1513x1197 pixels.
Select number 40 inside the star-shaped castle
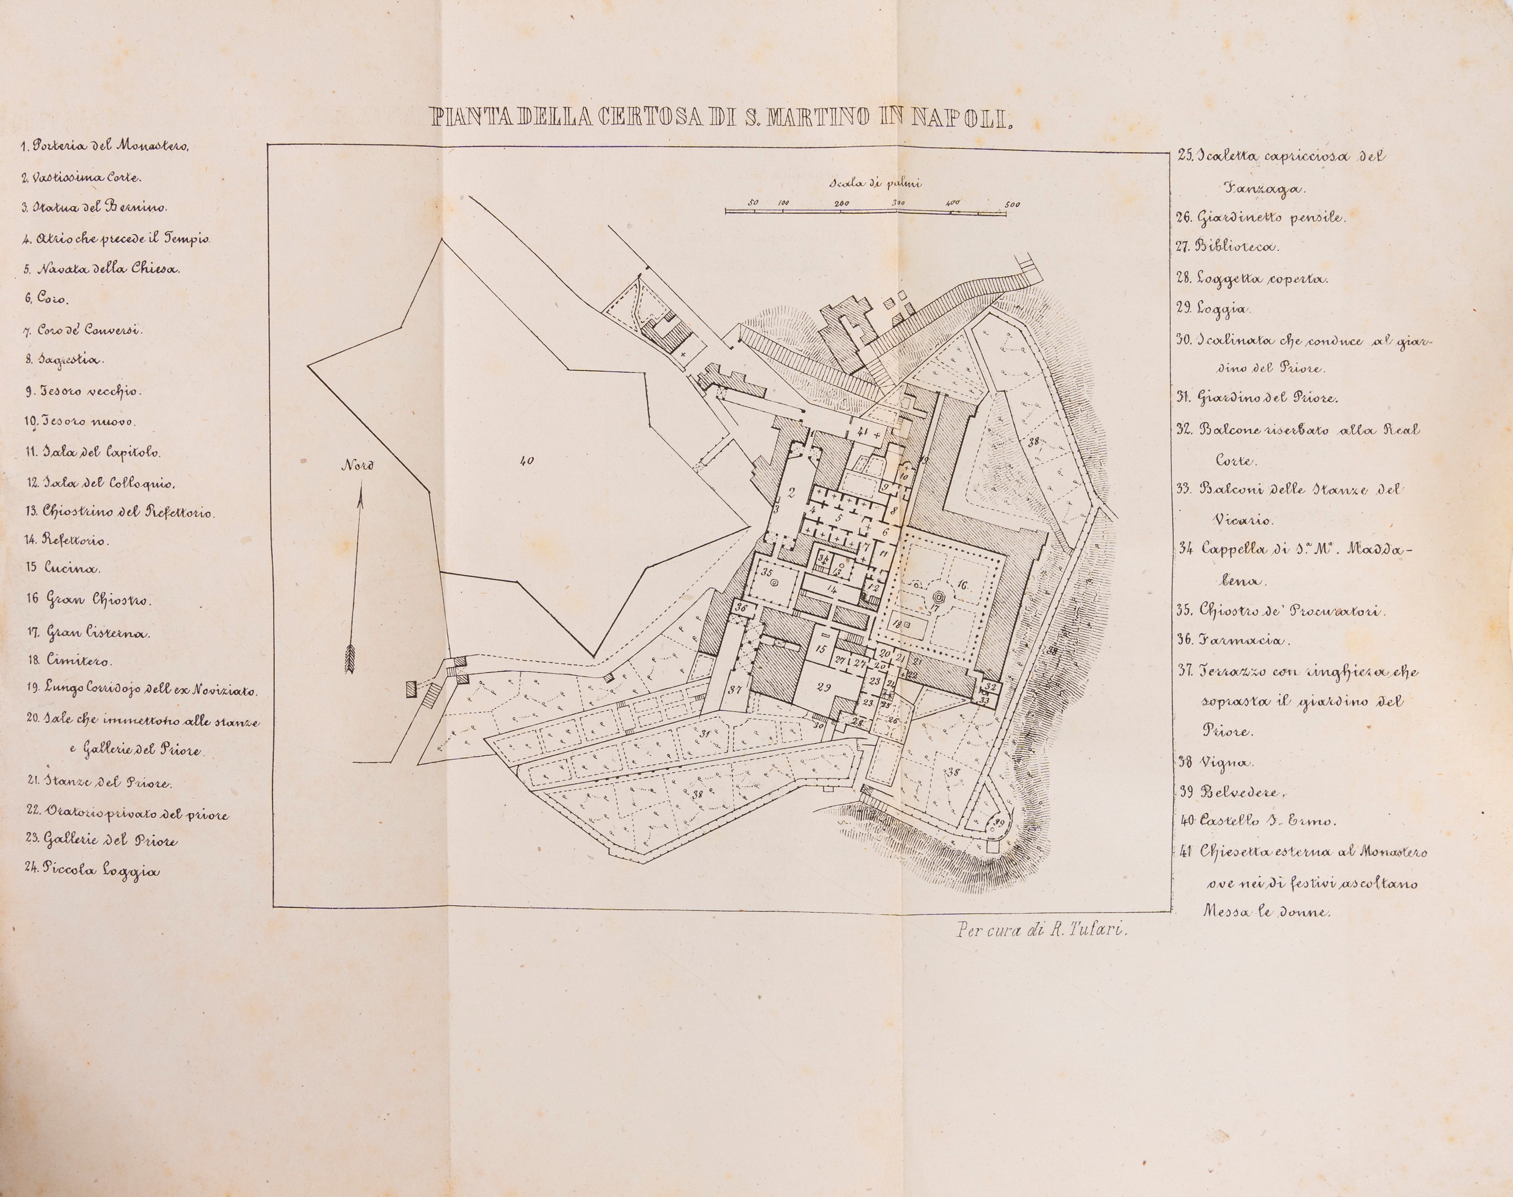click(527, 461)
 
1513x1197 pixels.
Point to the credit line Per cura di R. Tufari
click(1043, 931)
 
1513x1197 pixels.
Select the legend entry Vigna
click(1216, 762)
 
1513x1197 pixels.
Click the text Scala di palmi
click(875, 184)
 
